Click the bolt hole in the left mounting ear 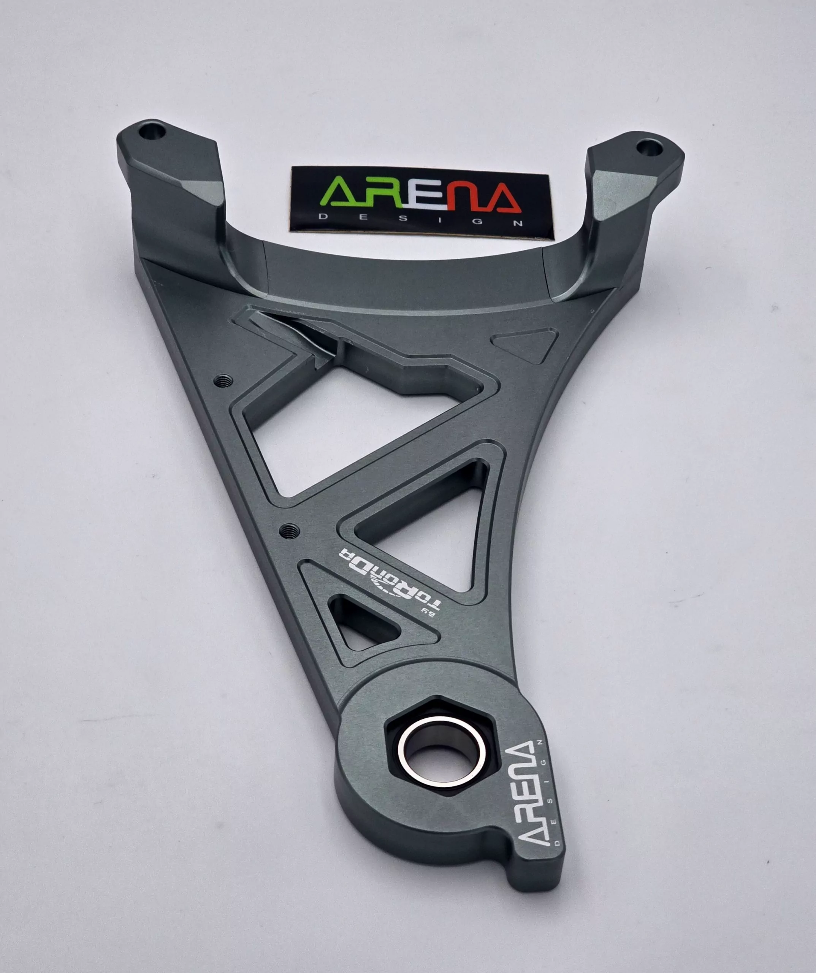click(155, 131)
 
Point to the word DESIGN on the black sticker click(423, 220)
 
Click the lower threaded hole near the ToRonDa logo click(290, 529)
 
